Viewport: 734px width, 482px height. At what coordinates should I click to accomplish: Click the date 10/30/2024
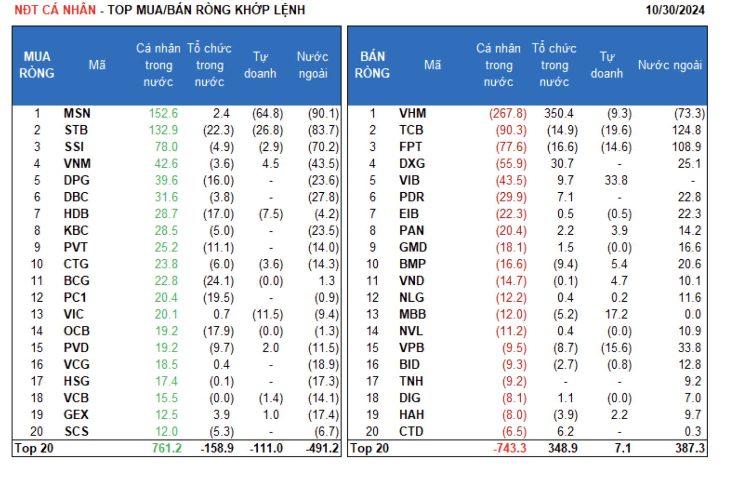(675, 10)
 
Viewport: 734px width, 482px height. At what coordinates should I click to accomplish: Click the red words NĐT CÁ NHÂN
(55, 10)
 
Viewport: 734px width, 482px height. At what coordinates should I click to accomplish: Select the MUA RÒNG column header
(37, 65)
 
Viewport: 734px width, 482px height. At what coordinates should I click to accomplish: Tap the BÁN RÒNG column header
(372, 65)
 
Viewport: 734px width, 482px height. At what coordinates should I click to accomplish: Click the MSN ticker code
(77, 114)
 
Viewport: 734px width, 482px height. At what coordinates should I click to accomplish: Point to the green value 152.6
(163, 114)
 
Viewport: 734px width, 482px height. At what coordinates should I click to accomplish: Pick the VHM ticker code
(412, 114)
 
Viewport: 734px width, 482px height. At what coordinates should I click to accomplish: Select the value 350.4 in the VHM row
(559, 114)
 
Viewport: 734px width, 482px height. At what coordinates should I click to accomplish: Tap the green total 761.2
(167, 448)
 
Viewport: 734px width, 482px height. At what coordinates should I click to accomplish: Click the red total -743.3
(509, 448)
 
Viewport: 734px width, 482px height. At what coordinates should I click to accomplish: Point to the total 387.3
(690, 448)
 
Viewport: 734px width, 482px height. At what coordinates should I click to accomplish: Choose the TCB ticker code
(411, 130)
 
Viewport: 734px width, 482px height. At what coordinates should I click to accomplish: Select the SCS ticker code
(77, 432)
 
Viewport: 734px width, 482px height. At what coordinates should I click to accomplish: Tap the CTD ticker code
(411, 432)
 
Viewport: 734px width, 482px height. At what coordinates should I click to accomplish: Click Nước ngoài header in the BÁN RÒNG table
(670, 65)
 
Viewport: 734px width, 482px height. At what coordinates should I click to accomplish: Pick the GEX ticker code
(76, 415)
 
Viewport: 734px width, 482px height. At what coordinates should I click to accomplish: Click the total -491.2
(322, 448)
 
